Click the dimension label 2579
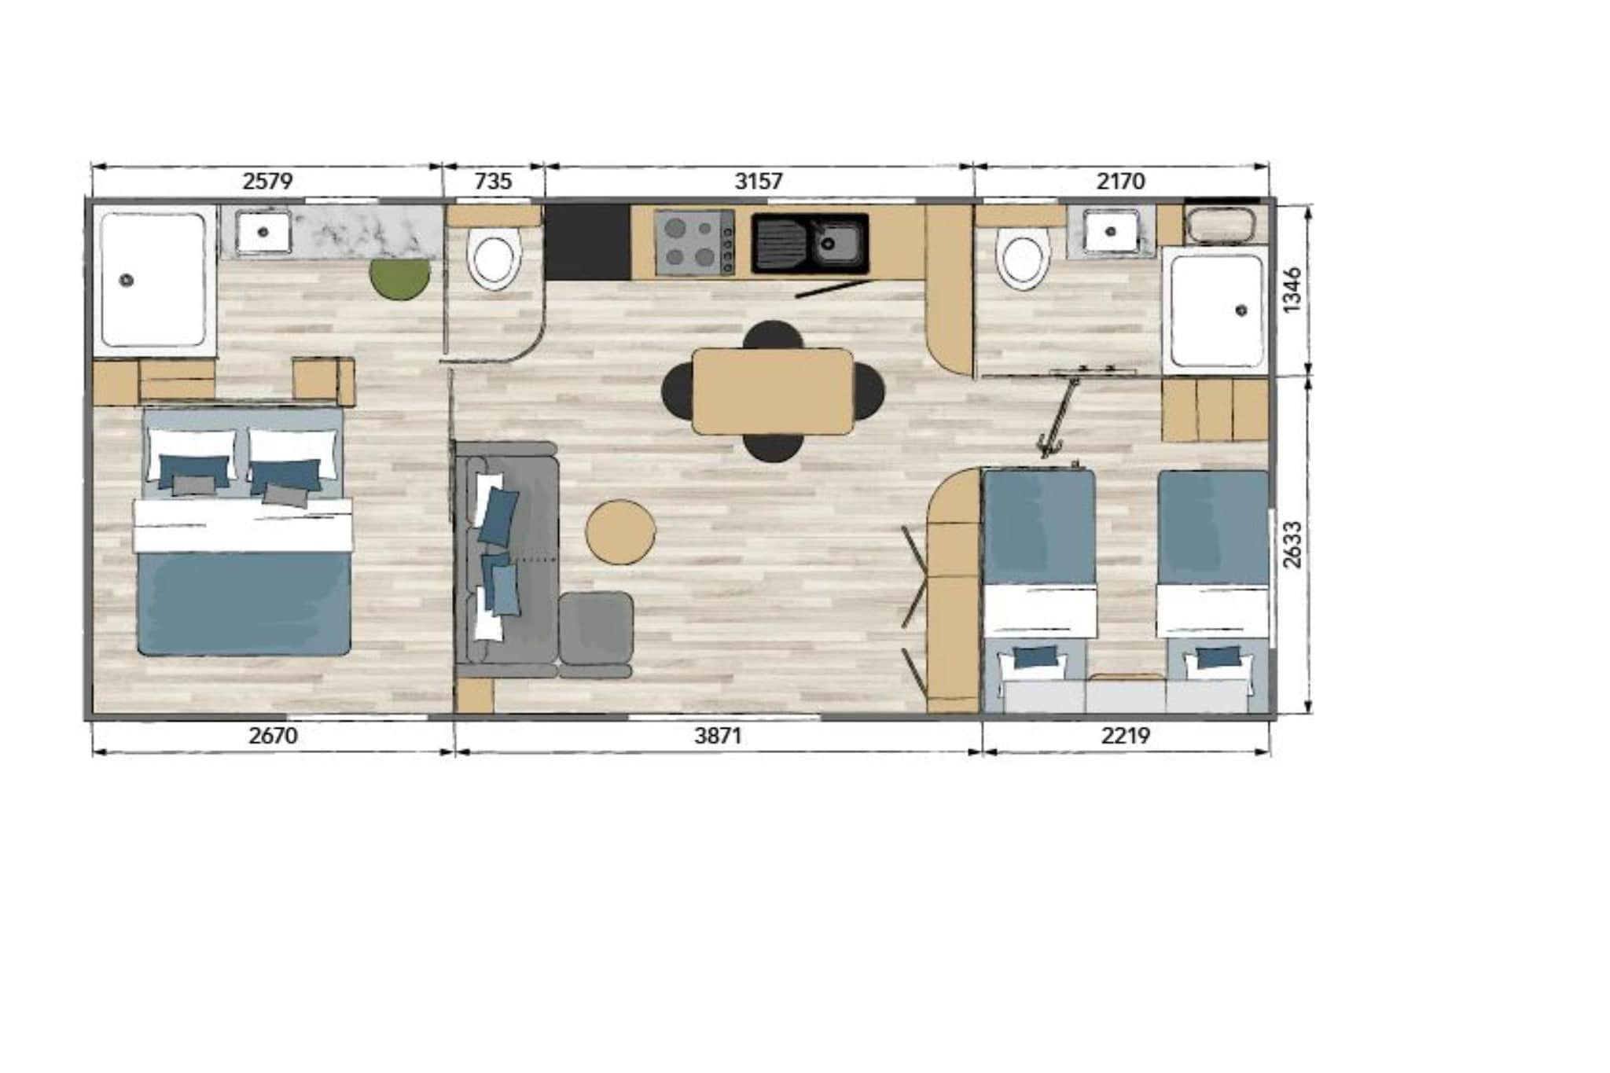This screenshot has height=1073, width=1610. coord(267,182)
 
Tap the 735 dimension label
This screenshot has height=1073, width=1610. coord(494,182)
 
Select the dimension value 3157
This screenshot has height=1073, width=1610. coord(759,182)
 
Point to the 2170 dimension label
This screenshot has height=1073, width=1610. coord(1121,182)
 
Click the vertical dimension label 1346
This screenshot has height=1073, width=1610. coord(1292,289)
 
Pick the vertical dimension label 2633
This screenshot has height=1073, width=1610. coord(1292,544)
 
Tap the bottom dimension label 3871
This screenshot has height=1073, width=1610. coord(718,736)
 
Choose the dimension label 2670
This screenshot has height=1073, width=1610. coord(273,736)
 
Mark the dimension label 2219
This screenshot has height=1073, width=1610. coord(1126,736)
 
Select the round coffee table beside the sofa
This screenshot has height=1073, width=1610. coord(621,531)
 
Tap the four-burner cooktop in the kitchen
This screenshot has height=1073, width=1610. coord(695,243)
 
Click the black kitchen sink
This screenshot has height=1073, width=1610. coord(810,244)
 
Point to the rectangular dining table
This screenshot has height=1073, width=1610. coord(772,391)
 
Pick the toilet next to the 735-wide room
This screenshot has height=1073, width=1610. coord(494,258)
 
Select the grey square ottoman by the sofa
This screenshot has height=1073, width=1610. coord(596,627)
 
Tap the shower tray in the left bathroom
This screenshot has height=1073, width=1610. coord(154,279)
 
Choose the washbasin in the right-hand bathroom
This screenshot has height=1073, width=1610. coord(1111,231)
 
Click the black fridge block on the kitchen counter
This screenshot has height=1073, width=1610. coord(587,242)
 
